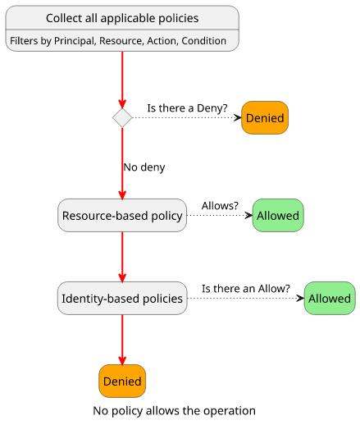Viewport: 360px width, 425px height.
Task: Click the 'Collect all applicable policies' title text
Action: click(x=122, y=18)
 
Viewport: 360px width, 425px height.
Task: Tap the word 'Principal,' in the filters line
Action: click(x=75, y=41)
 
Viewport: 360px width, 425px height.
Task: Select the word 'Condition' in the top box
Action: click(x=204, y=41)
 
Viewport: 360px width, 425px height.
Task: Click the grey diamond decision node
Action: click(x=122, y=117)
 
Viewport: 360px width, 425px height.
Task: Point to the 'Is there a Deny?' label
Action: click(x=187, y=108)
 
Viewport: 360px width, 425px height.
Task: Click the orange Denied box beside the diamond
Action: click(x=265, y=117)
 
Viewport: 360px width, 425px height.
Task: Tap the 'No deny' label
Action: click(x=144, y=167)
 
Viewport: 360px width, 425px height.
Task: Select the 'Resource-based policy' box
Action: click(x=122, y=215)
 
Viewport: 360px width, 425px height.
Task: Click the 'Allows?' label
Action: click(x=220, y=206)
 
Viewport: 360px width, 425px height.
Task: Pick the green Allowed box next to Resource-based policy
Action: click(x=278, y=215)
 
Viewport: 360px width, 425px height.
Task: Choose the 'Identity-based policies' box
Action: click(x=122, y=298)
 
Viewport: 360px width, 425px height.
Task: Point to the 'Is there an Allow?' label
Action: click(x=246, y=289)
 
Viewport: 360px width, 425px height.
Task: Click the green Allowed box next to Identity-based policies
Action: click(x=330, y=298)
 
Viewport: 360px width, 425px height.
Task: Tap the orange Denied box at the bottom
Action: click(x=122, y=381)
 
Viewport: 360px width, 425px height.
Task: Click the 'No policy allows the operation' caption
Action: click(x=175, y=411)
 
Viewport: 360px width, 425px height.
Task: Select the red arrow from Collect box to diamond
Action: click(x=122, y=80)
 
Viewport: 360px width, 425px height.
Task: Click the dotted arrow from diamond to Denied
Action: click(x=187, y=117)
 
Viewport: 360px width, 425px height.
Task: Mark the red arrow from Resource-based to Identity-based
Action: click(x=122, y=257)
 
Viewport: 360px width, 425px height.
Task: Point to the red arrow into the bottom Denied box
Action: click(x=122, y=340)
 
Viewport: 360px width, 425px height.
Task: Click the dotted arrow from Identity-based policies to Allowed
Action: click(x=246, y=298)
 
